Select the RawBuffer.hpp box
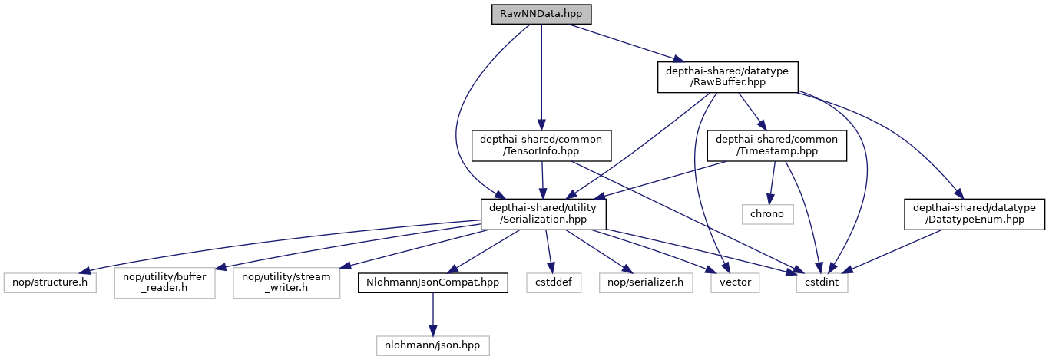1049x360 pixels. (x=728, y=78)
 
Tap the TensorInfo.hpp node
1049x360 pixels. (x=541, y=146)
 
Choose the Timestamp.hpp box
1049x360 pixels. (x=777, y=146)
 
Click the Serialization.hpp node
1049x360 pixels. (x=544, y=214)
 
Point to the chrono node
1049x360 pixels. (x=767, y=214)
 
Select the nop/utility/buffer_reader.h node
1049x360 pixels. (x=164, y=283)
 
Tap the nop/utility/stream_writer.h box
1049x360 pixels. (x=286, y=283)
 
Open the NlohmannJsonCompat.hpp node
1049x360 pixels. (x=433, y=283)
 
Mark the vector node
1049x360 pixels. (x=735, y=283)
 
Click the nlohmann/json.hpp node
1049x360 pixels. (x=433, y=345)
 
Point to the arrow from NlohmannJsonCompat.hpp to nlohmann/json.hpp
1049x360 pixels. (x=433, y=315)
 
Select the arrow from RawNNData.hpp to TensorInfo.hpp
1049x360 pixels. (x=541, y=77)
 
